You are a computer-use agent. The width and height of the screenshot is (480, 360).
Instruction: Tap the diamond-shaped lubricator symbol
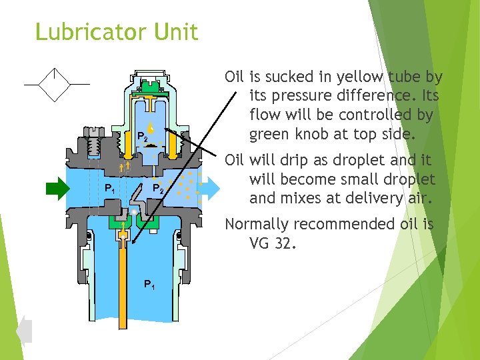click(57, 85)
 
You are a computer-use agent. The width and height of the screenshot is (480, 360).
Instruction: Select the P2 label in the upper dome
click(141, 137)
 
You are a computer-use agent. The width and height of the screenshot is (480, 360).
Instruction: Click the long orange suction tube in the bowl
click(123, 287)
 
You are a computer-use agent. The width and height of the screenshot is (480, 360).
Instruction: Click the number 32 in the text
click(283, 243)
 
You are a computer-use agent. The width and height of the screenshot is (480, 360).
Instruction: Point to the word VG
click(259, 243)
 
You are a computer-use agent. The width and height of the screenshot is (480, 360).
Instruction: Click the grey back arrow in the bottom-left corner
click(24, 330)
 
